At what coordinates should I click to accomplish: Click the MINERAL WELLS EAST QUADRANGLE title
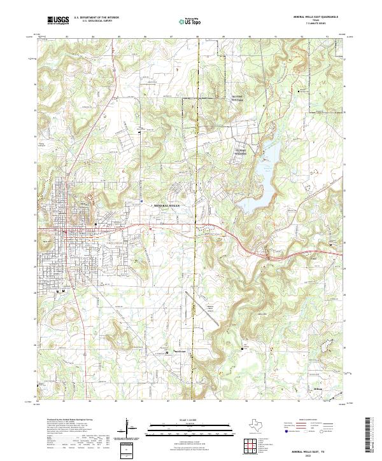click(316, 17)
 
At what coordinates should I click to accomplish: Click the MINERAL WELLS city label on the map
click(167, 207)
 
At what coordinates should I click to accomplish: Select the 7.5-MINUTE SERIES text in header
click(316, 25)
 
